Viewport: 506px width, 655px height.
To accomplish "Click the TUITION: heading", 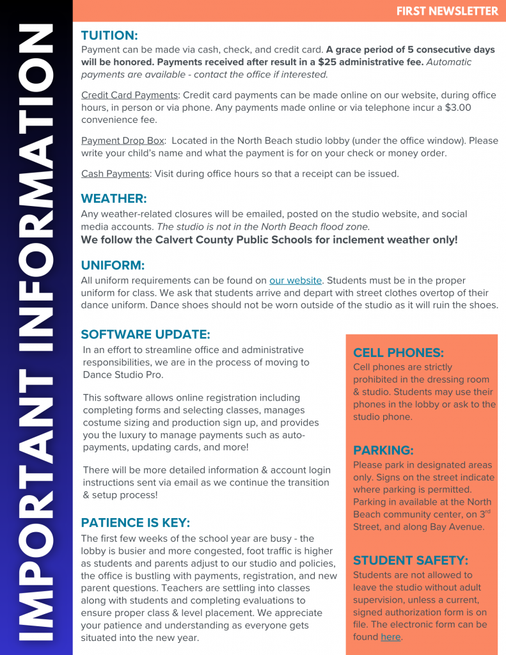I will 109,35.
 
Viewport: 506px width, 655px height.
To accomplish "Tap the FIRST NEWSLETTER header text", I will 447,11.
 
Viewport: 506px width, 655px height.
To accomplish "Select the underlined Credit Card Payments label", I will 129,95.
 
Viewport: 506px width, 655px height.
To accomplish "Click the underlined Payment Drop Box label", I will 123,141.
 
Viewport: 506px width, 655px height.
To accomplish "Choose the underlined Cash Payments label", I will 115,174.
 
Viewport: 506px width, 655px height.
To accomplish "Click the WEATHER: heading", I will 114,198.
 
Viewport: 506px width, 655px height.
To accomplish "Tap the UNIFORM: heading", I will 113,265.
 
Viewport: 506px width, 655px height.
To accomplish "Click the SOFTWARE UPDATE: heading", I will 145,334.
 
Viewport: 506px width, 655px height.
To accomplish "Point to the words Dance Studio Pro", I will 123,375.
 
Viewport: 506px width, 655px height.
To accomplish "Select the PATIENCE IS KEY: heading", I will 136,522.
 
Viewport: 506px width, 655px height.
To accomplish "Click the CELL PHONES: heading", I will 399,352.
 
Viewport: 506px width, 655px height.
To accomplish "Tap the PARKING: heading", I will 383,450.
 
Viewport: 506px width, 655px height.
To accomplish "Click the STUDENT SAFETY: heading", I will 411,560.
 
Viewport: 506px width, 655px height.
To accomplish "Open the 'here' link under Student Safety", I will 390,637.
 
